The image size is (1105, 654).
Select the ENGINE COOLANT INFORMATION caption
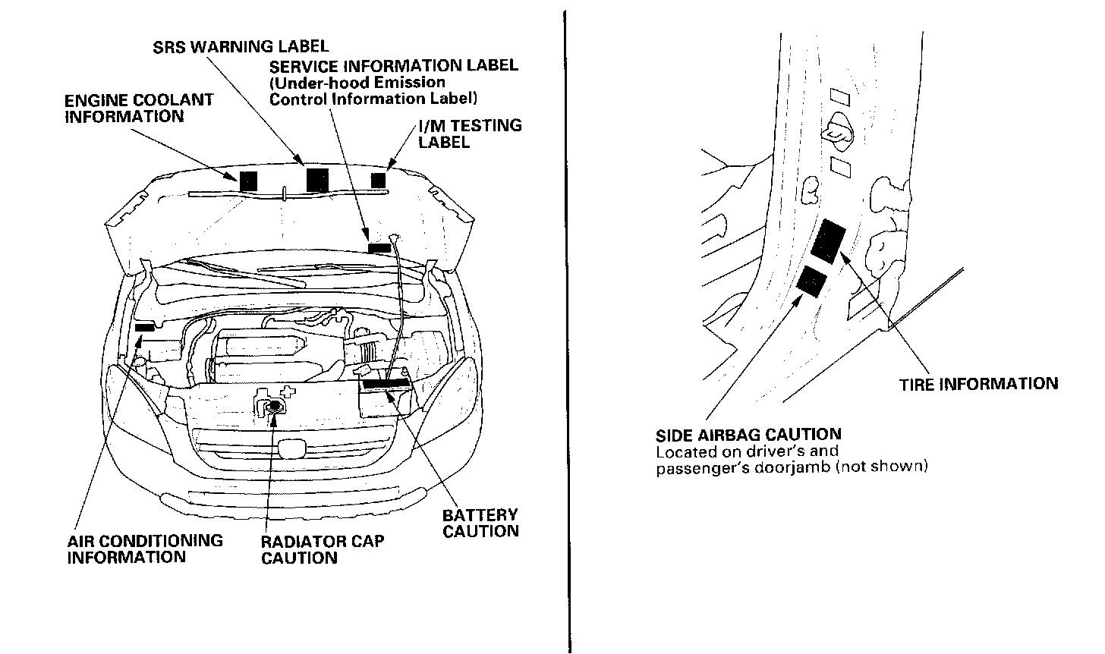[x=139, y=108]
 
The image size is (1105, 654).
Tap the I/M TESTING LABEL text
[x=470, y=133]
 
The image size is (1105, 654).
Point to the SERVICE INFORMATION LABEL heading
[x=394, y=65]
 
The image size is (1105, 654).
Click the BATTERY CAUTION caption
[x=480, y=523]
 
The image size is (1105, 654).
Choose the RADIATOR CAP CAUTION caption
[x=323, y=549]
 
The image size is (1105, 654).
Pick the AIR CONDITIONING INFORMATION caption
[x=145, y=549]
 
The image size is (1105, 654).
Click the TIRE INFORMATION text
[x=978, y=384]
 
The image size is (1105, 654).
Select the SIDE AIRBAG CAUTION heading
[x=748, y=435]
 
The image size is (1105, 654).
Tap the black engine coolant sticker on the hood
[x=248, y=181]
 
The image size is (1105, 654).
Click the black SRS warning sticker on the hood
[x=316, y=179]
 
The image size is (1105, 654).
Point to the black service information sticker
[x=379, y=247]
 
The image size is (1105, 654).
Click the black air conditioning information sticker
[x=144, y=327]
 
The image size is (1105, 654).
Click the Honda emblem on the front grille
[x=289, y=451]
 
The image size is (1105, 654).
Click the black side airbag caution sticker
[x=811, y=281]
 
